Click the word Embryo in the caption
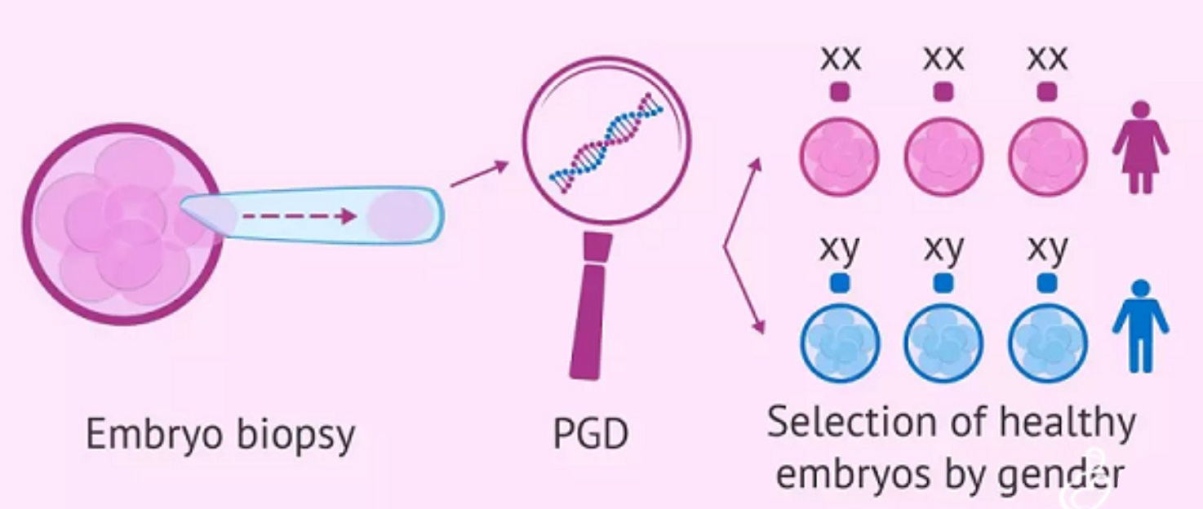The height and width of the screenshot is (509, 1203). pyautogui.click(x=145, y=435)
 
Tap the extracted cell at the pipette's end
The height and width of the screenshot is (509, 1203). pyautogui.click(x=397, y=216)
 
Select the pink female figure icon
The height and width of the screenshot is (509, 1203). pyautogui.click(x=1141, y=147)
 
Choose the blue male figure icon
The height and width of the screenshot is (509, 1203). pyautogui.click(x=1141, y=325)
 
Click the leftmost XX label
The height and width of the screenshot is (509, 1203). pyautogui.click(x=840, y=59)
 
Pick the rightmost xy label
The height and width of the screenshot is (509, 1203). pyautogui.click(x=1047, y=250)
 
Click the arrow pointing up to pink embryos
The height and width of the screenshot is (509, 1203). pyautogui.click(x=743, y=196)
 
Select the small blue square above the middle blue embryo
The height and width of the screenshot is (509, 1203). pyautogui.click(x=943, y=282)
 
